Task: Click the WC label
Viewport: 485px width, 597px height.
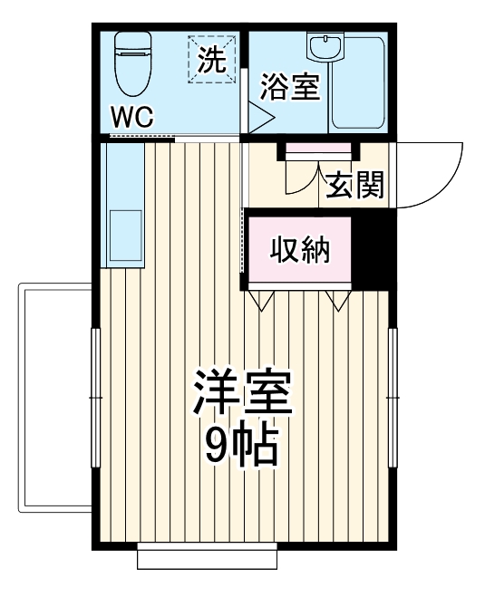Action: (133, 117)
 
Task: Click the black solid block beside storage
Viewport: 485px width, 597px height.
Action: (370, 249)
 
